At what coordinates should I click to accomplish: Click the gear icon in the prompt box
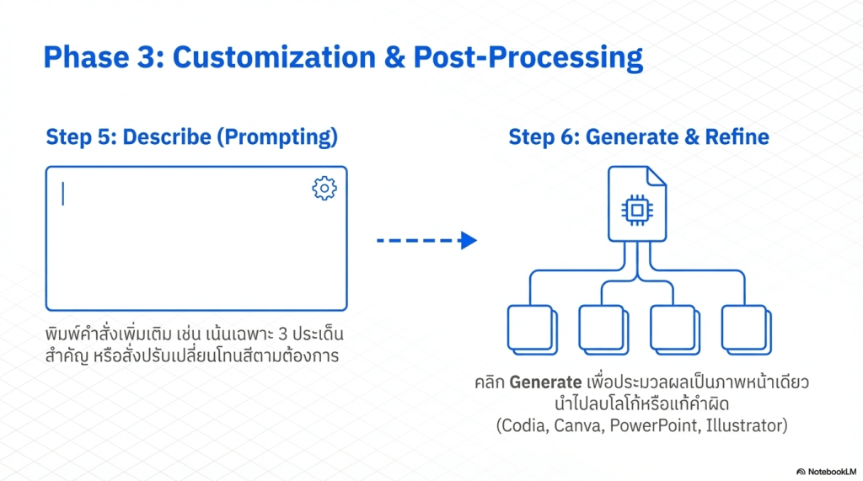pos(324,188)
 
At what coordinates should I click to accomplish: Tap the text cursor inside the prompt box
pos(63,194)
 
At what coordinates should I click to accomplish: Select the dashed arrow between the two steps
pos(426,241)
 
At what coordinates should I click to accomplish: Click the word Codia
pos(527,426)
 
